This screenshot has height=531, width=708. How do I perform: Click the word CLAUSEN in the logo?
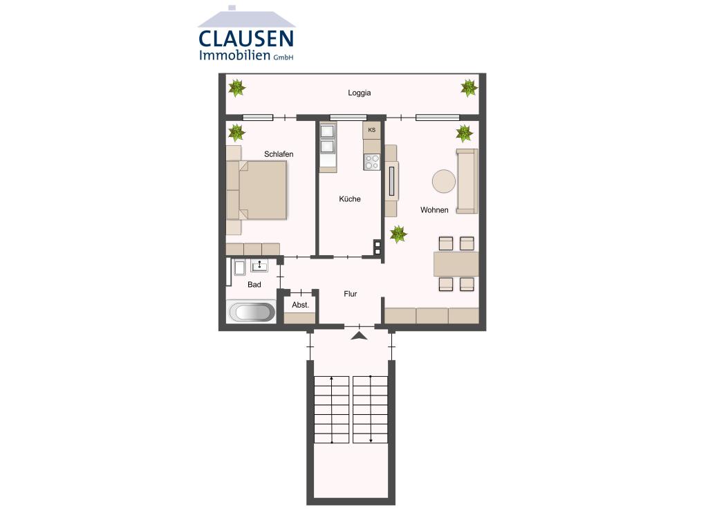point(246,38)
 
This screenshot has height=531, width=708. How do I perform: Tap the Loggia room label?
point(359,93)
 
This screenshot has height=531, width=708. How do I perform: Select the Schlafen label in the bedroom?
point(279,154)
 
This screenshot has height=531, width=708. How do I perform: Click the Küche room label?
point(349,199)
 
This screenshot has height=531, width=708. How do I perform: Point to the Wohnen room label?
point(434,210)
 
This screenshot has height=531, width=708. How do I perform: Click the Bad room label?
point(254,285)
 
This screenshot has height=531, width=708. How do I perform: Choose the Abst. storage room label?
point(300,305)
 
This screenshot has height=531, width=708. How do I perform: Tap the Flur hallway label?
point(351,294)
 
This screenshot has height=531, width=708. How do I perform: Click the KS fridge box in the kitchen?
point(372,130)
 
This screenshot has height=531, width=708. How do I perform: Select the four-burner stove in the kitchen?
point(372,162)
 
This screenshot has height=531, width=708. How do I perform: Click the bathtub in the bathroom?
point(251,312)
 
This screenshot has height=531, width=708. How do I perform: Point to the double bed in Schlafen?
point(261,190)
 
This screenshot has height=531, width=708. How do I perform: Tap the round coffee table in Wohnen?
point(443,182)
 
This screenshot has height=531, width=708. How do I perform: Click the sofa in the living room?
point(467,181)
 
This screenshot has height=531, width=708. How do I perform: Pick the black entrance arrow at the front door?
point(359,336)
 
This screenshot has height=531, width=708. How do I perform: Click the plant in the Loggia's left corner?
point(237,88)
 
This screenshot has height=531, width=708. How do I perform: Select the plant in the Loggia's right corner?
point(469,88)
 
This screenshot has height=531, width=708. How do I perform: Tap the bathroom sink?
point(259,266)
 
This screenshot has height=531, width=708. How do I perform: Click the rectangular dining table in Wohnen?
point(456,263)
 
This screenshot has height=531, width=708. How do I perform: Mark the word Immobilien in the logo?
point(234,56)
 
